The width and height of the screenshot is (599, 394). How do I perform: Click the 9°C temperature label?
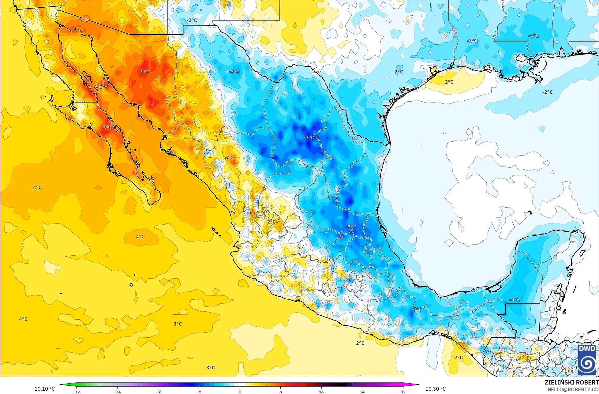(x=145, y=72)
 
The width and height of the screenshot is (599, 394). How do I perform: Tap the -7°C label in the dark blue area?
(x=309, y=138)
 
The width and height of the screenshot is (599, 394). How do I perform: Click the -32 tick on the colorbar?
(x=76, y=392)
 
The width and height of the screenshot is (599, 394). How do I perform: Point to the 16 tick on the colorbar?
(x=321, y=392)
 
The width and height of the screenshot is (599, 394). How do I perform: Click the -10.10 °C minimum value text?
(x=44, y=389)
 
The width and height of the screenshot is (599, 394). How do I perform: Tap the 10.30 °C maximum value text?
(x=436, y=389)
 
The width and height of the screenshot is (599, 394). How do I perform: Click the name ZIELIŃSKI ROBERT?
(x=571, y=382)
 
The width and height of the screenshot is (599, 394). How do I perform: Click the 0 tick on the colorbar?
(x=240, y=392)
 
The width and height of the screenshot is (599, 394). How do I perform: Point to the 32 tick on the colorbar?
(x=403, y=392)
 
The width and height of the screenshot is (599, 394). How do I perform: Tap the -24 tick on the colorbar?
(x=117, y=392)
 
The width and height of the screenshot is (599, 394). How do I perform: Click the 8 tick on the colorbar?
(x=281, y=392)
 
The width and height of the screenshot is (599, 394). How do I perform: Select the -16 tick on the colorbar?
(x=158, y=392)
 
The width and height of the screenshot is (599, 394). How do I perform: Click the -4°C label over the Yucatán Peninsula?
(x=515, y=300)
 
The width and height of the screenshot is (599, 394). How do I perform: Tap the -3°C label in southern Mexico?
(x=416, y=310)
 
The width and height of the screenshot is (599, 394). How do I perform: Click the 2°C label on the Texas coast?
(x=449, y=82)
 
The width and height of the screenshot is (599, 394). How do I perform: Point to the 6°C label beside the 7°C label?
(x=98, y=87)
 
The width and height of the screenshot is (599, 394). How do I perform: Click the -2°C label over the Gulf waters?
(x=547, y=92)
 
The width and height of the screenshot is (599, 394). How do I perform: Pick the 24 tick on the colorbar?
(x=362, y=392)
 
